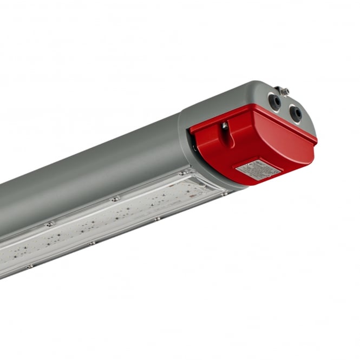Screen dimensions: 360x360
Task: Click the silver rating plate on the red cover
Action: click(258, 170)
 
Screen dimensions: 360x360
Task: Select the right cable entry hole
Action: click(296, 113)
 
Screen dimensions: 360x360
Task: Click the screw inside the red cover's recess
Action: click(225, 126)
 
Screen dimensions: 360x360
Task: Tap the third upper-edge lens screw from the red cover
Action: click(49, 224)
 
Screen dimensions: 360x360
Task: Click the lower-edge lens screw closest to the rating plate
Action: click(224, 193)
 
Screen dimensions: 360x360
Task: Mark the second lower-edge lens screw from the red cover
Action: click(156, 219)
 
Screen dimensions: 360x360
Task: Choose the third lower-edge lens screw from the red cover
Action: click(91, 243)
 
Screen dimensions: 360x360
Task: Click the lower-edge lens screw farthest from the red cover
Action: click(30, 266)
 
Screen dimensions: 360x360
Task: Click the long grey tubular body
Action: click(92, 173)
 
